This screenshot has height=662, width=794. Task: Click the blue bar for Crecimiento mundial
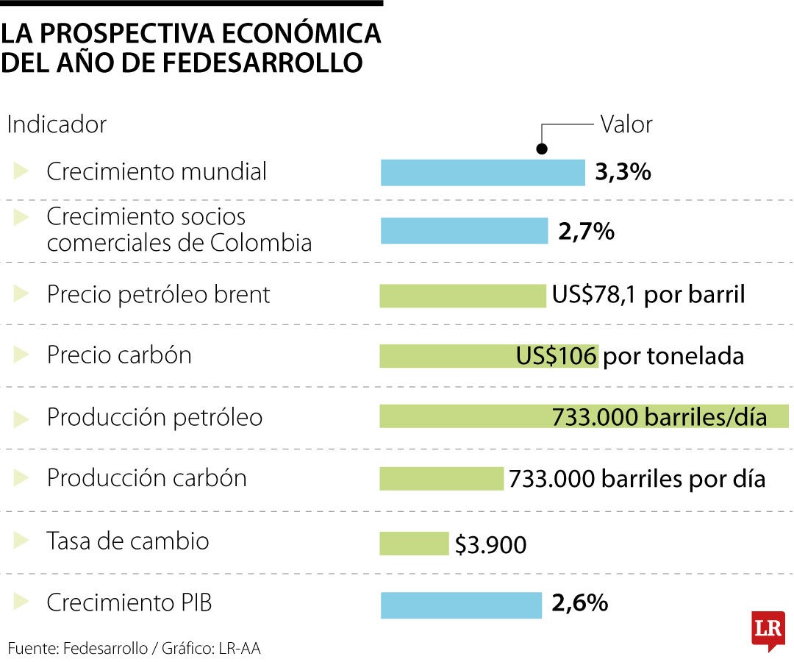(x=482, y=173)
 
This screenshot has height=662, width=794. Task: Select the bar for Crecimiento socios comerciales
(x=464, y=231)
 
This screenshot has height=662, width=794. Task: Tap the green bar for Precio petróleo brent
(x=462, y=296)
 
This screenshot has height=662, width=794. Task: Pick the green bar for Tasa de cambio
(x=414, y=544)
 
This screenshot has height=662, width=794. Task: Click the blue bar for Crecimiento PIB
(x=461, y=605)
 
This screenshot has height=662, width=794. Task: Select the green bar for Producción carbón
(x=441, y=479)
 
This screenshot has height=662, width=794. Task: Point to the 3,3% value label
(x=623, y=173)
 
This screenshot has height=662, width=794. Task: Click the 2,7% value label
(x=586, y=232)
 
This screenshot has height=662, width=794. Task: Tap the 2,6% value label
(x=580, y=604)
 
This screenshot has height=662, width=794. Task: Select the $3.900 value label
(x=490, y=545)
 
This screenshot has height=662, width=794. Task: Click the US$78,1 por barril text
(x=648, y=295)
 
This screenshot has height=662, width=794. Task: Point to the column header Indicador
(x=57, y=124)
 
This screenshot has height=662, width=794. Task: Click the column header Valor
(x=626, y=124)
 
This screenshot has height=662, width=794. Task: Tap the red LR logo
(x=768, y=630)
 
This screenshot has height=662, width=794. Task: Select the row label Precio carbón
(x=119, y=355)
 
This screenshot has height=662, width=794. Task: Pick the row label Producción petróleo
(x=154, y=417)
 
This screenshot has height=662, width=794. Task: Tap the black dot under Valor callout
(x=542, y=149)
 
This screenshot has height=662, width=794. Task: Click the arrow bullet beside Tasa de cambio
(x=21, y=541)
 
